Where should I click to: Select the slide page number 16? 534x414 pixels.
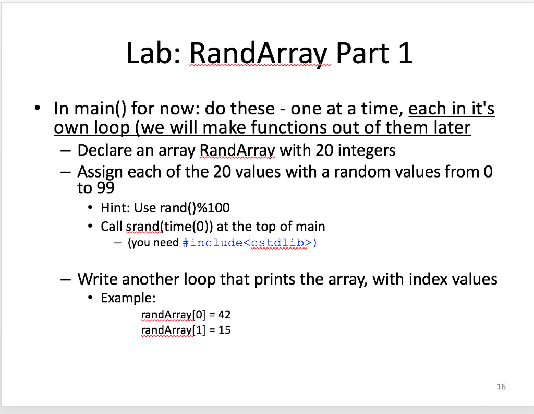pyautogui.click(x=501, y=387)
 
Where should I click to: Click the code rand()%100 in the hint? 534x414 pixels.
pyautogui.click(x=200, y=208)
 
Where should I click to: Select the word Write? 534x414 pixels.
pyautogui.click(x=99, y=279)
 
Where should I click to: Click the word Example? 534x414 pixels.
pyautogui.click(x=128, y=298)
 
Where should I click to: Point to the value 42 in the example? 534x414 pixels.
pyautogui.click(x=224, y=315)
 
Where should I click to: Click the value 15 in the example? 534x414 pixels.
pyautogui.click(x=224, y=330)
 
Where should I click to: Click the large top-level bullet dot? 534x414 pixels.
pyautogui.click(x=37, y=108)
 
